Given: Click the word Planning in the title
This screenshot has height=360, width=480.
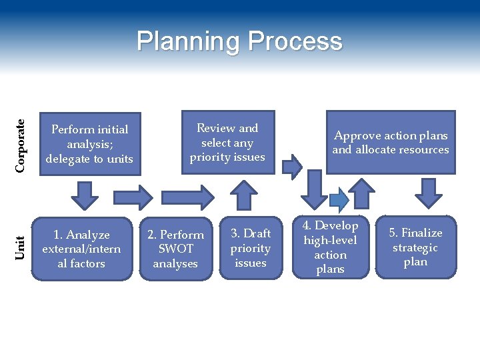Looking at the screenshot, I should point(189,41).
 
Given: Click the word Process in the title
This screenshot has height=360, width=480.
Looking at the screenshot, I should point(295,41).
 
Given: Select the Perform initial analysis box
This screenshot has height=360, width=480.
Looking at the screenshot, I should point(90,144).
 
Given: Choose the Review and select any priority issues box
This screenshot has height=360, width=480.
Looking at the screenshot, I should point(227,143).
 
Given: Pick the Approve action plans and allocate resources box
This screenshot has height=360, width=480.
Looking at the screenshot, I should point(391,143).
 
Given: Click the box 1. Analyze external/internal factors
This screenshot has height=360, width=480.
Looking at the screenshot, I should point(81,249).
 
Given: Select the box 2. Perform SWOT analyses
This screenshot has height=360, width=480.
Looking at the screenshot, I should point(175,249).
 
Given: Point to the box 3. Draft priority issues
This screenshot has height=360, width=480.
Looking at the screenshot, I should point(251,248).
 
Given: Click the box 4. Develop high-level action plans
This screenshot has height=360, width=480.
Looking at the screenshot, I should point(331,247).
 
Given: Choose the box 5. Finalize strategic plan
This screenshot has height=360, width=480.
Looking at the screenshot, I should point(415,247).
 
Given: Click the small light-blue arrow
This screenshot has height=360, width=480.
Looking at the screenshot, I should point(339,198).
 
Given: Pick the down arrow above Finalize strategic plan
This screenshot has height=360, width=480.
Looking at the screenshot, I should point(429,192).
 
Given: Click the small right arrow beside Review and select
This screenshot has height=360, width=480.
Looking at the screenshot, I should point(291,166).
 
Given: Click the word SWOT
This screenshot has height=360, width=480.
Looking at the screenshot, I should point(175,249).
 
